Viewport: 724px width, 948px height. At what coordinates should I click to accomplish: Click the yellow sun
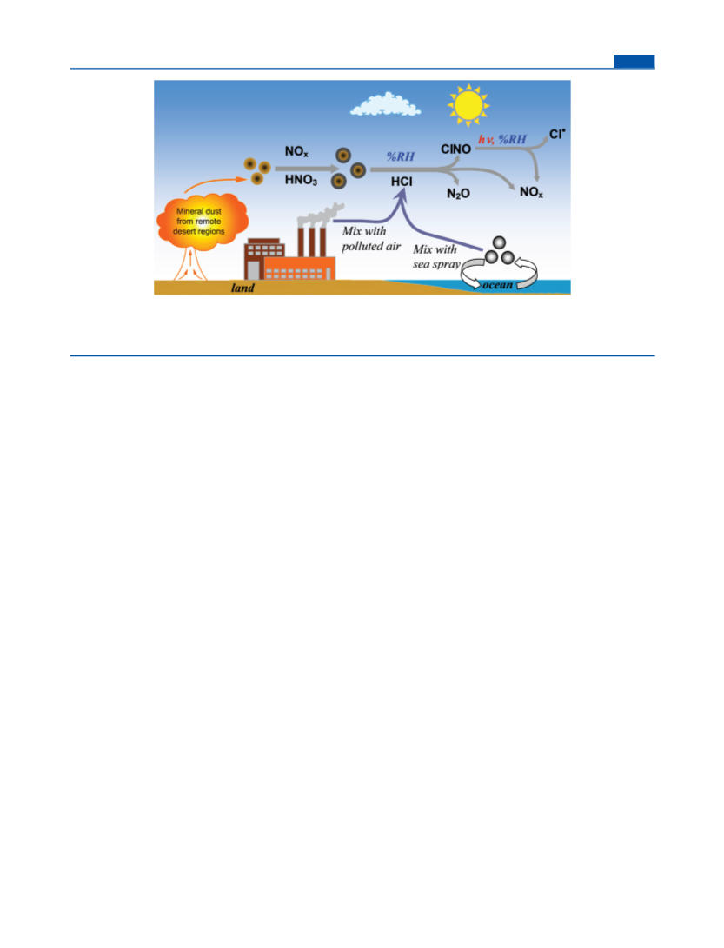[468, 106]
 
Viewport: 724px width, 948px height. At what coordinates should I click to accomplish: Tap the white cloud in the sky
[385, 104]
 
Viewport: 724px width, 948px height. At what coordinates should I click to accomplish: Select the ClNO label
[455, 149]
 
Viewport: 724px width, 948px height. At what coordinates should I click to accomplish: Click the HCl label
[402, 182]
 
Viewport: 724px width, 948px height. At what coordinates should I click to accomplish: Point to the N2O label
[458, 194]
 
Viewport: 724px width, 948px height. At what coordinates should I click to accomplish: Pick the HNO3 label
[301, 180]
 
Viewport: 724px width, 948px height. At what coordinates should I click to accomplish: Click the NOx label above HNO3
[296, 151]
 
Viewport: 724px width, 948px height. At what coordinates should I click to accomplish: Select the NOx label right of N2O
[531, 192]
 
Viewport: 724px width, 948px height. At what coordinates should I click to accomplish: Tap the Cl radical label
[556, 134]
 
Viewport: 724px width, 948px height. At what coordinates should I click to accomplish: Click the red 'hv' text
[485, 140]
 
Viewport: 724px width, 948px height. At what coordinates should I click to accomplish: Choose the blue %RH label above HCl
[401, 156]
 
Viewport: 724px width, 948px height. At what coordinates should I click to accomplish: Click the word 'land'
[242, 288]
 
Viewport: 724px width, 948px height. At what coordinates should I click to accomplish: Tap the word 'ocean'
[498, 285]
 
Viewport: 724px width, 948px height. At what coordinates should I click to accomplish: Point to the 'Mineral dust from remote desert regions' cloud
[202, 222]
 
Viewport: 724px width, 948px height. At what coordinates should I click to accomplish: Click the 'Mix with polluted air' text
[371, 238]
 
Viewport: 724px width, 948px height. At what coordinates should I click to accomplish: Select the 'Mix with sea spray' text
[436, 256]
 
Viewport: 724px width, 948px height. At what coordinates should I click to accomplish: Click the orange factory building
[299, 268]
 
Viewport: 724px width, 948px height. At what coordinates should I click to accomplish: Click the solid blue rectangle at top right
[634, 61]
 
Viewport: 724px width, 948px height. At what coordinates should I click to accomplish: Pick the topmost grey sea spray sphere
[499, 243]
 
